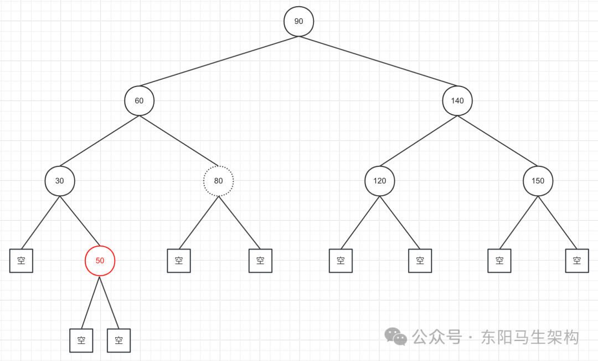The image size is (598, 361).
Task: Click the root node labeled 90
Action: (299, 22)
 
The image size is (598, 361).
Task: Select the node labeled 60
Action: (139, 101)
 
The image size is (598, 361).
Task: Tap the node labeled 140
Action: (457, 101)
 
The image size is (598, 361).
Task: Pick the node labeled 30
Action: (59, 181)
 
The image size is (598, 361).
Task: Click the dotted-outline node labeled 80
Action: (219, 181)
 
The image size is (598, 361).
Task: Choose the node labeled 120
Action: (379, 181)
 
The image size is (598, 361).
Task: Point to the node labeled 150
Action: (538, 181)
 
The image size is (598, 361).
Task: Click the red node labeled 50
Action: (100, 261)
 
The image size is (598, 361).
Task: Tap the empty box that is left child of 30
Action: (21, 261)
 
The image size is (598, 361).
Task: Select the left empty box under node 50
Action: (81, 340)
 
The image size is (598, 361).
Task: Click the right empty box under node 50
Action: (118, 340)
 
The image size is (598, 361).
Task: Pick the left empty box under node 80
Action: (179, 261)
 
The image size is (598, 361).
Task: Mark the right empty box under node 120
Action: (420, 261)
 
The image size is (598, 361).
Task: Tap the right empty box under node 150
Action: (577, 261)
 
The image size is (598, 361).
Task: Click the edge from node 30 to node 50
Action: (80, 221)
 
